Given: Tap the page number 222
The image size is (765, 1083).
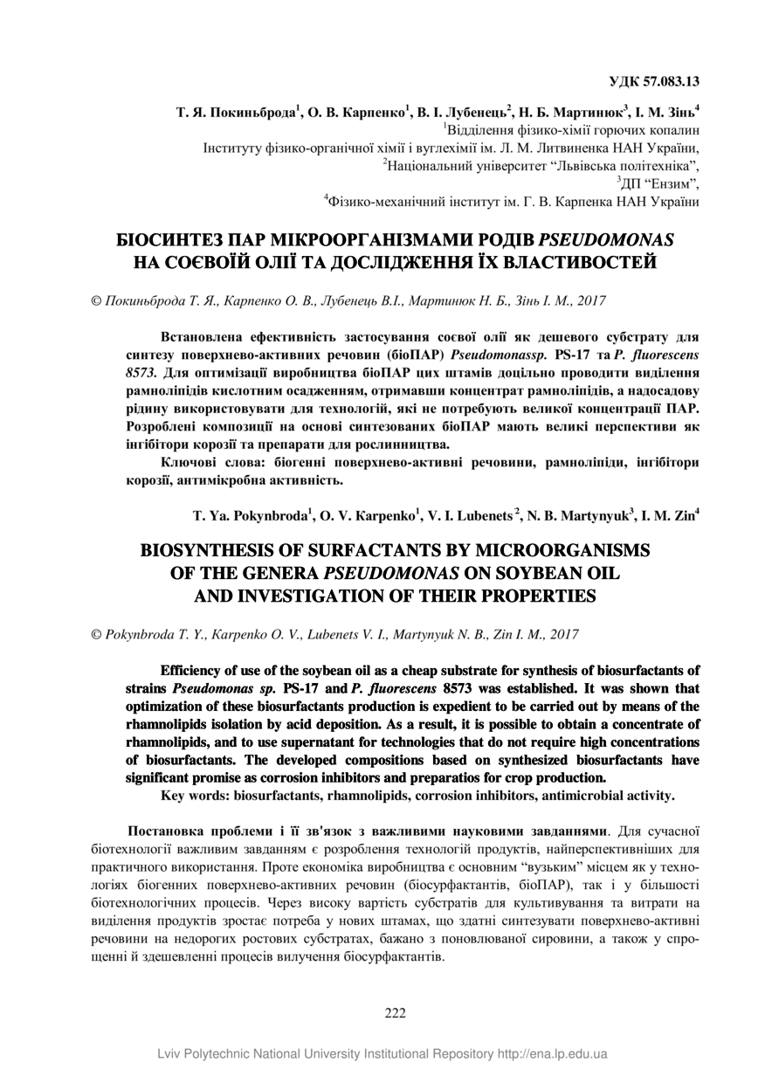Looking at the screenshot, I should coord(396,1013).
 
